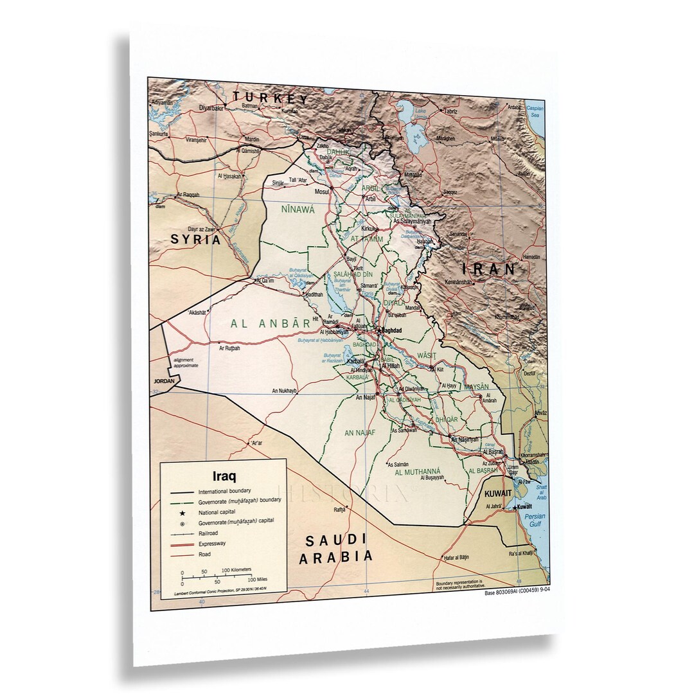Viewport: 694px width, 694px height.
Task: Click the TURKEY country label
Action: click(271, 98)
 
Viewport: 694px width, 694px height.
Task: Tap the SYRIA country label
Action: click(195, 240)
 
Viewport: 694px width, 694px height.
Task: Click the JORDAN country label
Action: click(164, 381)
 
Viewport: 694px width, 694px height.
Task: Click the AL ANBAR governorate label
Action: click(271, 324)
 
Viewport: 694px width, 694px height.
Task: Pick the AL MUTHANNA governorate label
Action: click(417, 472)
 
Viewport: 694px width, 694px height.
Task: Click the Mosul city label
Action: click(321, 192)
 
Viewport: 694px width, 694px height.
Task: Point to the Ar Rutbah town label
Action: click(229, 348)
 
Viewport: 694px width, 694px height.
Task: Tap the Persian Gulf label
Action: click(533, 521)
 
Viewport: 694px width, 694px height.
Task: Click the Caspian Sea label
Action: click(535, 112)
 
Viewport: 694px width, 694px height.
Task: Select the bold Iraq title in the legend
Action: click(224, 477)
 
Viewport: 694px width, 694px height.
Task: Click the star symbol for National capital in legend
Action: click(182, 513)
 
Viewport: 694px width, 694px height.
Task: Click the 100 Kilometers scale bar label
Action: click(236, 570)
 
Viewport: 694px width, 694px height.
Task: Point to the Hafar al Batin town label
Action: click(457, 556)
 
